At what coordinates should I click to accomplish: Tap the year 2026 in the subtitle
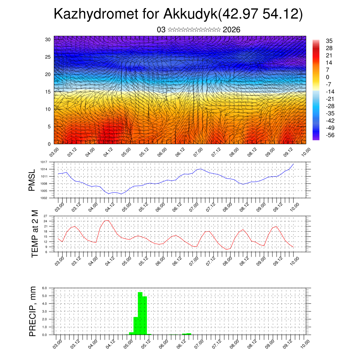click(231, 30)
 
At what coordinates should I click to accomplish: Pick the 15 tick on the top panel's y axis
click(48, 92)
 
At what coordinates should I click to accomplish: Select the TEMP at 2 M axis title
click(34, 234)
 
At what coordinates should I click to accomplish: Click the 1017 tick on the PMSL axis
click(44, 162)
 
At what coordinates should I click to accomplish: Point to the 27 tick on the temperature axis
click(45, 216)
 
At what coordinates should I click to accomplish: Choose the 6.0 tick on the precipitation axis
click(45, 288)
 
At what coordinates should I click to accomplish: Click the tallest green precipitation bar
click(140, 313)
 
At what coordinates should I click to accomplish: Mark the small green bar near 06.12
click(187, 334)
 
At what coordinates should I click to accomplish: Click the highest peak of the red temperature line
click(108, 220)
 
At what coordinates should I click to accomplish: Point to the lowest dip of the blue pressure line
click(121, 194)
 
